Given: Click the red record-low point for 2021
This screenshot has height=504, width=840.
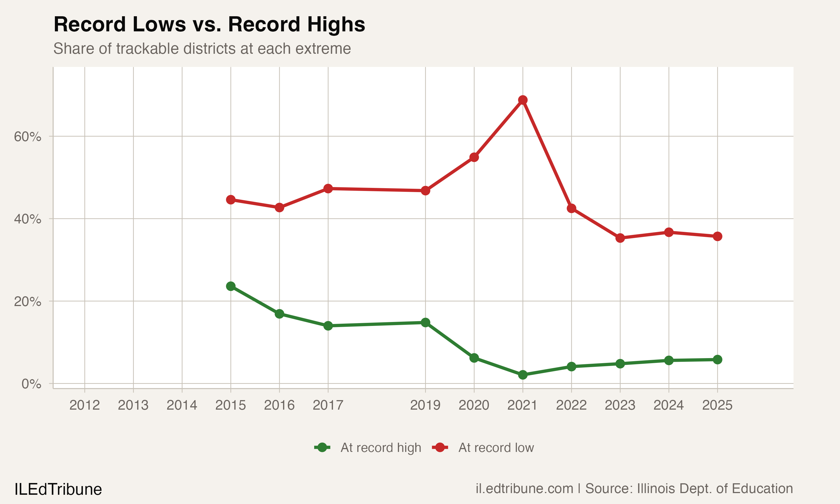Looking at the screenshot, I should (522, 100).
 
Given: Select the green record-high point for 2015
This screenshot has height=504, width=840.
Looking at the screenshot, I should (230, 286).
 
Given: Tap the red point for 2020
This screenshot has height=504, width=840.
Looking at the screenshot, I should (474, 157).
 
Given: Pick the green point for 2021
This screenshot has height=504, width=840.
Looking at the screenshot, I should (522, 375).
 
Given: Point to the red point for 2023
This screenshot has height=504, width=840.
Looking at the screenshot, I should (620, 238).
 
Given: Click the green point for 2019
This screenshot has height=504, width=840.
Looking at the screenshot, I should (425, 322).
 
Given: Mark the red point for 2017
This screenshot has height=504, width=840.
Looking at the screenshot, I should (328, 188).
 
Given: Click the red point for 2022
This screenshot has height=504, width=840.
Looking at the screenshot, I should (571, 208).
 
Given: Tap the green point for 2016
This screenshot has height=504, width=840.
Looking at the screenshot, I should (279, 314).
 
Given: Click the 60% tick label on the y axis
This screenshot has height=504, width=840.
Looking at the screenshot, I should (27, 137).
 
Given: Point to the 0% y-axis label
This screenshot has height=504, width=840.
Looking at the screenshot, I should (31, 384).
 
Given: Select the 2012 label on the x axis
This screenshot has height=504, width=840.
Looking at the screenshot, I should (85, 405).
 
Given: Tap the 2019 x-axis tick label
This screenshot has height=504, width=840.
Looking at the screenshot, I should (425, 405).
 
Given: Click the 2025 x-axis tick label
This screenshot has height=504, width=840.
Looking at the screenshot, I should (717, 405).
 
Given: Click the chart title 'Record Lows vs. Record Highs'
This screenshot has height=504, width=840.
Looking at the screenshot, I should (209, 24).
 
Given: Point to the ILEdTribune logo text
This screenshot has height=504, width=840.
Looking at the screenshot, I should (58, 489).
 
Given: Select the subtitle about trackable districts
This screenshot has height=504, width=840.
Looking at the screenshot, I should (202, 48).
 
